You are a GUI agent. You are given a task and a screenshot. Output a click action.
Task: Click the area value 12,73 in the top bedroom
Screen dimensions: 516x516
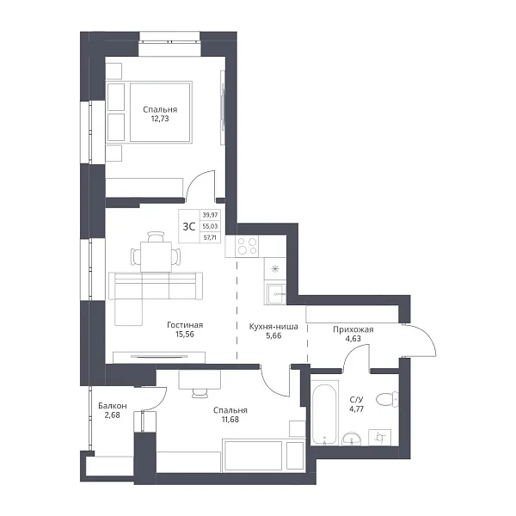point(160,119)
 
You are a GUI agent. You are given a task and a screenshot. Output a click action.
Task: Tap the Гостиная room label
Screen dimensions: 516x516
point(185,325)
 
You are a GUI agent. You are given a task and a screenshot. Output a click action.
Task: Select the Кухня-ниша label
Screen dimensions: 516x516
point(273,327)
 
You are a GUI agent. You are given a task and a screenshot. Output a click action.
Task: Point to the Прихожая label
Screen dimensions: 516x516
point(353,329)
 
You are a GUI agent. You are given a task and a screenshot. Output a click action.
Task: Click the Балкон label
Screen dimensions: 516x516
point(113,406)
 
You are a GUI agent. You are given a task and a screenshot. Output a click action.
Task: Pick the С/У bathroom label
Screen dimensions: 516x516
point(356,400)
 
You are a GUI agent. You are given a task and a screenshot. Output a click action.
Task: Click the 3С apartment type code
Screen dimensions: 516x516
point(189,226)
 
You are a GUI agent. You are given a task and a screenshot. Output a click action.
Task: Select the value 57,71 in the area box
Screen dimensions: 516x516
point(210,237)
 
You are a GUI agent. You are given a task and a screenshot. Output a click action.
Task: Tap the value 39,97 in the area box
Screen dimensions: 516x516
point(210,215)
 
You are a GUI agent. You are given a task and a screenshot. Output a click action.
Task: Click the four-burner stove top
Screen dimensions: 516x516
point(247,246)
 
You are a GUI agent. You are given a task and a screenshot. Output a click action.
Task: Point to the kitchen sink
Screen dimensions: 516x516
point(276,293)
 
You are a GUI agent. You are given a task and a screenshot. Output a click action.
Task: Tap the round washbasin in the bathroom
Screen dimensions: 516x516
point(352,439)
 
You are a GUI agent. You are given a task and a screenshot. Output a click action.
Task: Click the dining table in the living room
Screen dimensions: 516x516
point(156,257)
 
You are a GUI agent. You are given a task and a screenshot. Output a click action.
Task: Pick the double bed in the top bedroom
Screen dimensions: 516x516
point(161,112)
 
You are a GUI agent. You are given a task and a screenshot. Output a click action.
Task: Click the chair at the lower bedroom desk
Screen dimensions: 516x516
point(200,393)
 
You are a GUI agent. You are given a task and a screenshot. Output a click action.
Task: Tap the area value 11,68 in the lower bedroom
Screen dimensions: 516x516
point(230,420)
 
